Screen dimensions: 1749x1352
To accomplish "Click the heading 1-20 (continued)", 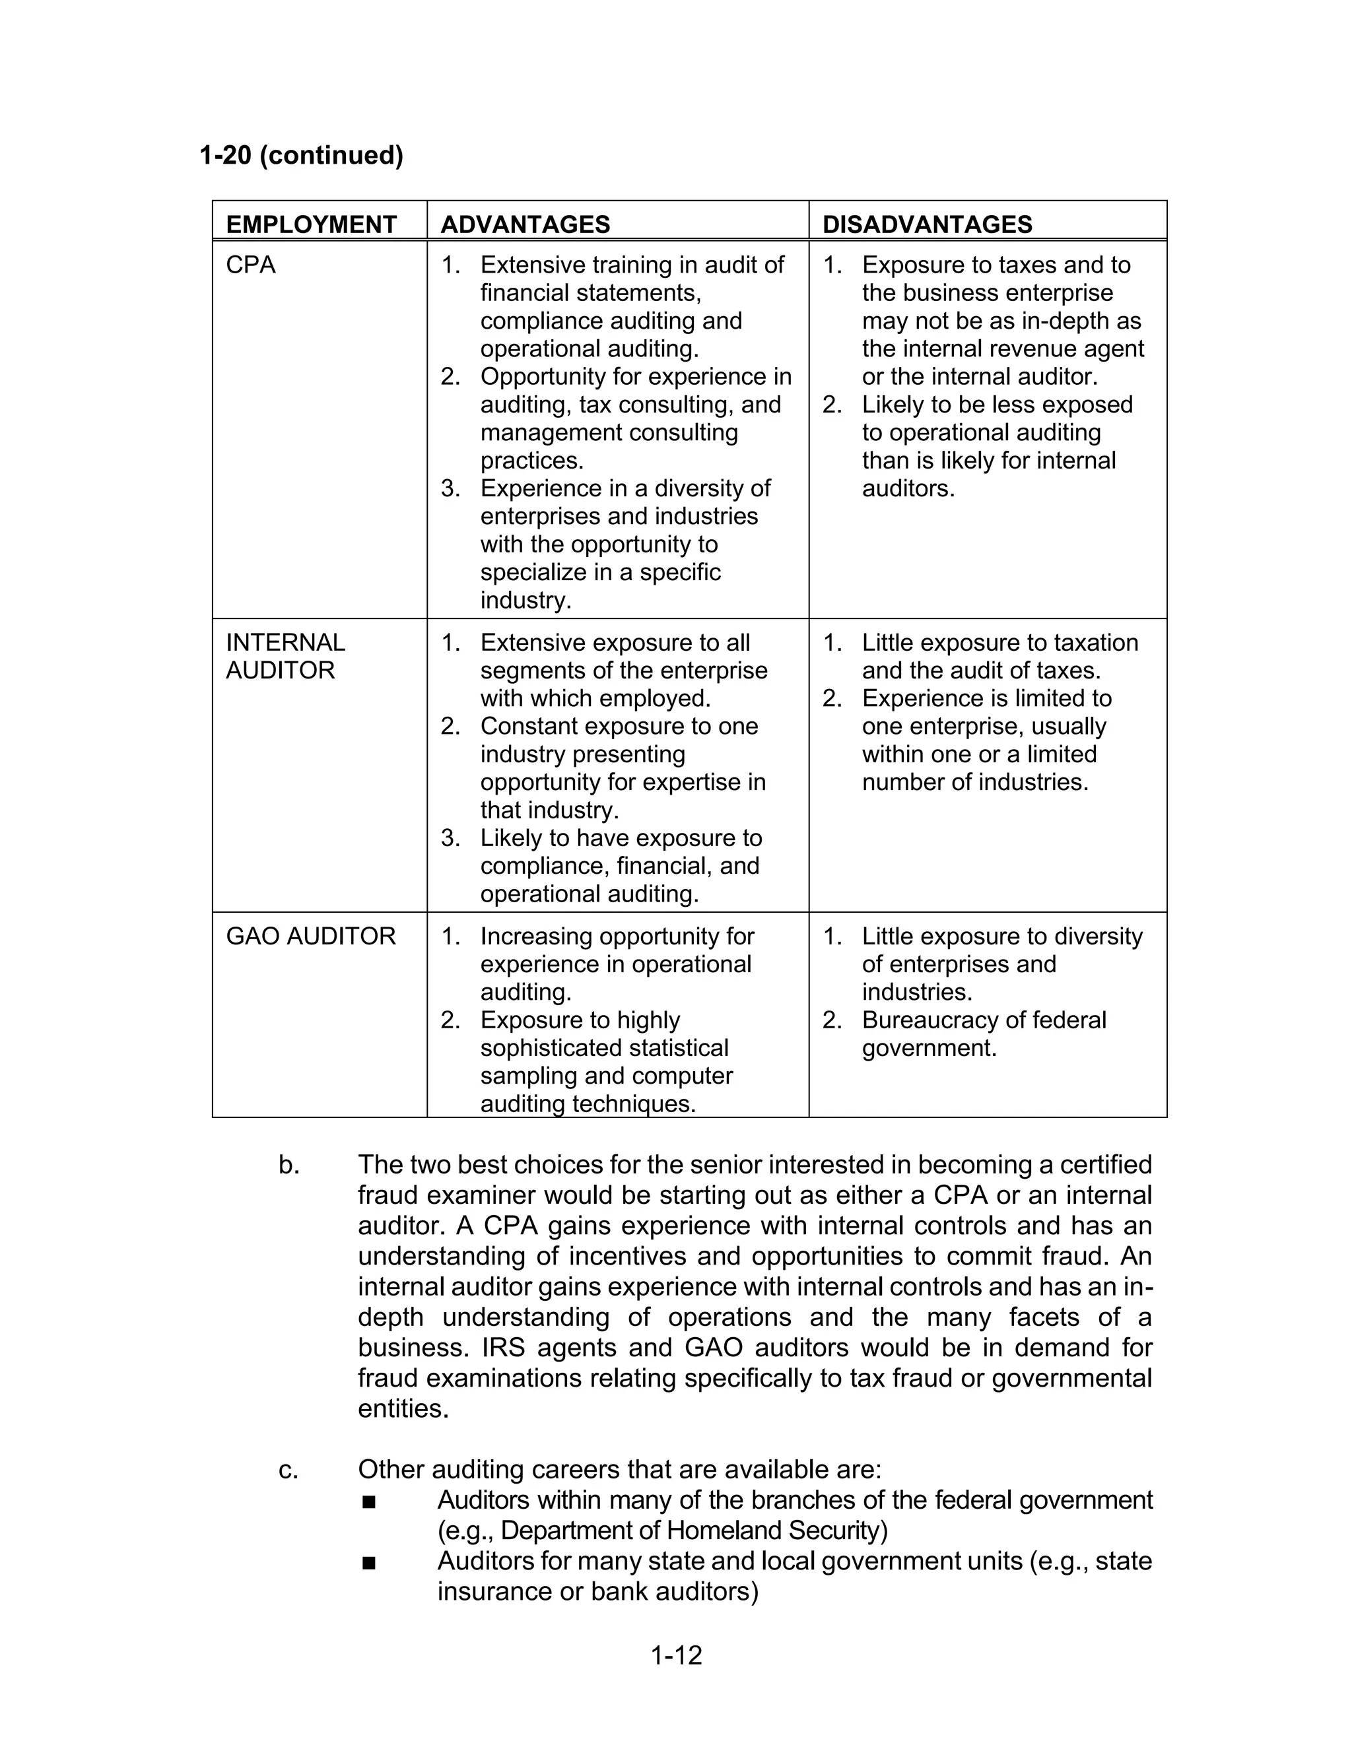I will pyautogui.click(x=301, y=154).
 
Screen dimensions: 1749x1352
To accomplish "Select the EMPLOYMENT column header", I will pyautogui.click(x=311, y=224).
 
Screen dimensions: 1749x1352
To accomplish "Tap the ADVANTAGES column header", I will pyautogui.click(x=525, y=224).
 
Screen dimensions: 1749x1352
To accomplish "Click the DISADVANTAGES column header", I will pyautogui.click(x=928, y=224).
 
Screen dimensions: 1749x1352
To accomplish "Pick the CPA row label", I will pyautogui.click(x=251, y=265).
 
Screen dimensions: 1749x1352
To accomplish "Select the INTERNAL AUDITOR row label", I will pyautogui.click(x=285, y=656).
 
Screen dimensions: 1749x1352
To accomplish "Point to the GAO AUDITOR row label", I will pyautogui.click(x=311, y=936).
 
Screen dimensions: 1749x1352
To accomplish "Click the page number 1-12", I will pyautogui.click(x=676, y=1655).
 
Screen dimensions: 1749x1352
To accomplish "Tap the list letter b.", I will pyautogui.click(x=289, y=1165).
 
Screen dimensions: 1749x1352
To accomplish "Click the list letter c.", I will pyautogui.click(x=288, y=1470).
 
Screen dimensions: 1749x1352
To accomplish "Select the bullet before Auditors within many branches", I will pyautogui.click(x=368, y=1501).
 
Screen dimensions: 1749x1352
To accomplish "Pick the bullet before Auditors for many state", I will pyautogui.click(x=368, y=1562).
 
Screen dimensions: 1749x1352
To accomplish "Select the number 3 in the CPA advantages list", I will pyautogui.click(x=450, y=488).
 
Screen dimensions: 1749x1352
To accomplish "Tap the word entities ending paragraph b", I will pyautogui.click(x=403, y=1410).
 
